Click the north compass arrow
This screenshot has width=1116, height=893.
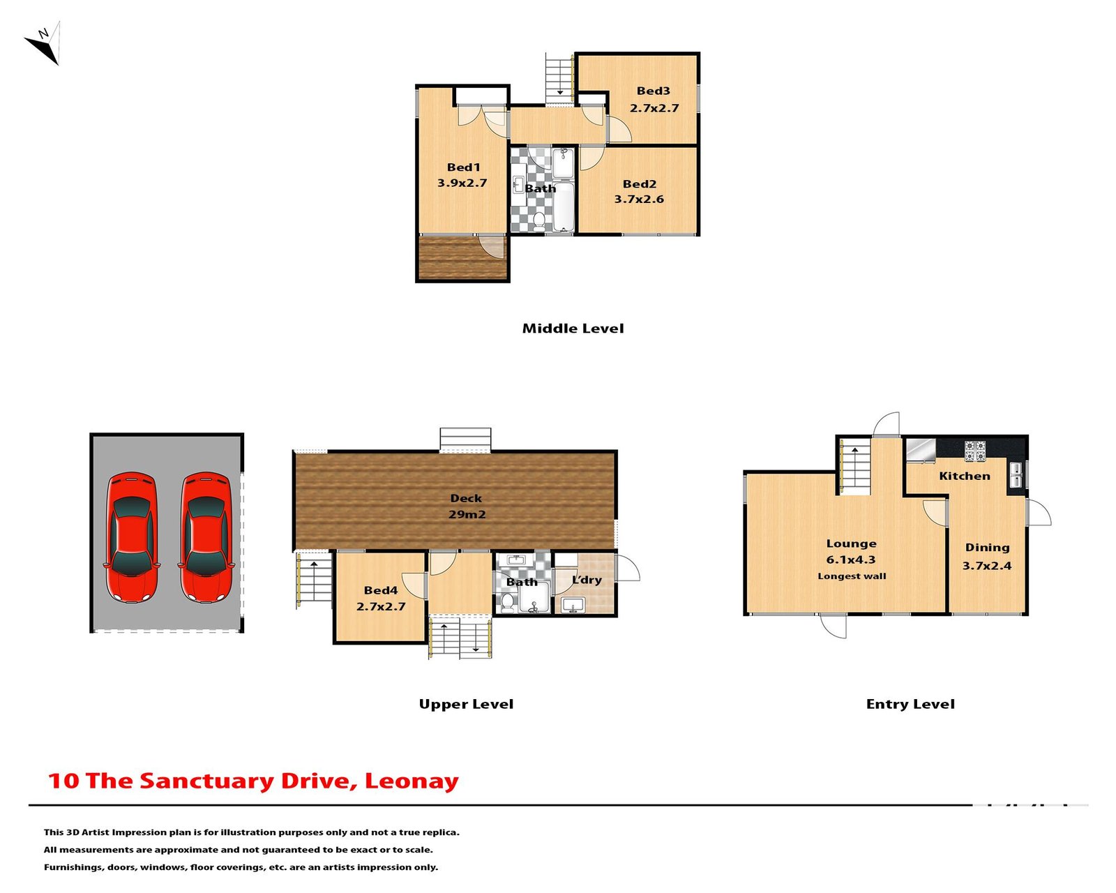43,44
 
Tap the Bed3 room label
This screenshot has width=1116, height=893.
653,91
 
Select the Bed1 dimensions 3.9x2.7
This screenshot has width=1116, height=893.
462,183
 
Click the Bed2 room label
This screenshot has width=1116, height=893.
639,184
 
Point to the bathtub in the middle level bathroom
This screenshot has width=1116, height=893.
564,207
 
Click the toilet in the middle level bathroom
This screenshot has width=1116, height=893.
538,221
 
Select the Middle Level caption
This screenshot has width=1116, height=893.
573,328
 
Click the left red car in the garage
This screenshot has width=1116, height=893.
131,537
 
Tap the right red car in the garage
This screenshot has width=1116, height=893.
206,537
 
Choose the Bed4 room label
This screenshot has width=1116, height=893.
380,590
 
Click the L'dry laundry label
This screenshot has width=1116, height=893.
587,580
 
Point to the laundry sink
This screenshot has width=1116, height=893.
573,605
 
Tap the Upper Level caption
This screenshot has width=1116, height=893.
466,704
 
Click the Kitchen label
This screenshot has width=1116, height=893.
964,476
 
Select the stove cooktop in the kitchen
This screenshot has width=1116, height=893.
974,451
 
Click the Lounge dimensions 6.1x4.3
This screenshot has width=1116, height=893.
850,560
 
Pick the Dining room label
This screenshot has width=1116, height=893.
987,548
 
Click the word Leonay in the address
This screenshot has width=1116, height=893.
412,781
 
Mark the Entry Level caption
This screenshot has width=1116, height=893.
910,704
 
